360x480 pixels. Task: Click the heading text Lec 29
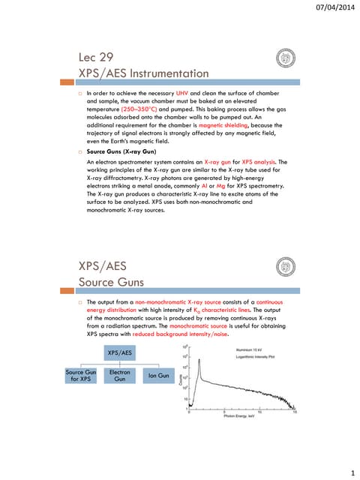click(98, 57)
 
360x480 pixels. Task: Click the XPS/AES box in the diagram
click(120, 352)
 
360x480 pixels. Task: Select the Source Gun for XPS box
click(81, 375)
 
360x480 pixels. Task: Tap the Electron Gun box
click(120, 375)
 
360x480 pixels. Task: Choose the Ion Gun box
click(158, 375)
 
